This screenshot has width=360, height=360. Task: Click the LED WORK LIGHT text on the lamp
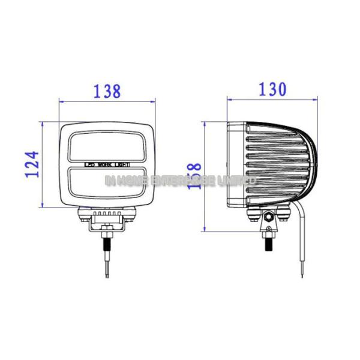[x=106, y=163]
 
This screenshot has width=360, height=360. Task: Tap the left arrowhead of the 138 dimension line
[x=61, y=101]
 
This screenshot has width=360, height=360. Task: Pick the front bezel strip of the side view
[x=235, y=163]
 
